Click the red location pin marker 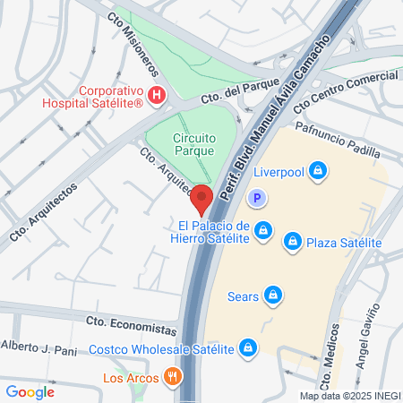click(x=201, y=198)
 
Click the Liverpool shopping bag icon click(x=317, y=170)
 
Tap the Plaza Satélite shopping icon click(x=292, y=242)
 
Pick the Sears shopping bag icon click(x=278, y=294)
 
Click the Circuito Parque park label click(x=181, y=144)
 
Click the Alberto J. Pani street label click(x=40, y=347)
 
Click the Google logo click(x=30, y=391)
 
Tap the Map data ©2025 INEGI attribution click(x=350, y=396)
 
